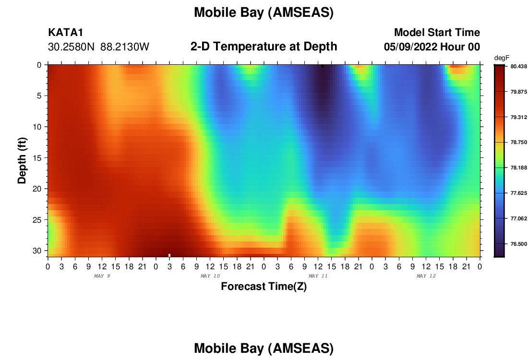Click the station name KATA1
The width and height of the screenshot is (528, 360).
click(x=65, y=32)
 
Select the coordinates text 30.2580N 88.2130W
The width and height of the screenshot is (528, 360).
click(x=98, y=47)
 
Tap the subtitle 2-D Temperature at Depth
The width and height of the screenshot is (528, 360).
click(x=264, y=46)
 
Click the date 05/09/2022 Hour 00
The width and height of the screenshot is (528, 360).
click(x=432, y=47)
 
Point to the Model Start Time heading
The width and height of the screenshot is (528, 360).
click(x=437, y=32)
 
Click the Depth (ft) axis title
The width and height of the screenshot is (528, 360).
click(x=22, y=160)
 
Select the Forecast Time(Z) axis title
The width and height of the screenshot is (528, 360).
click(x=264, y=286)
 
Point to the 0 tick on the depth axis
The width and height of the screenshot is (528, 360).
click(x=39, y=65)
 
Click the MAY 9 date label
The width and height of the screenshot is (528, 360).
click(x=102, y=276)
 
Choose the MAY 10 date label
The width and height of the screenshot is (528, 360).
click(x=210, y=276)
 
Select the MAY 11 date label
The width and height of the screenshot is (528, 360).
click(x=318, y=276)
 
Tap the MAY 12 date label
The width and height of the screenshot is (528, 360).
click(x=426, y=276)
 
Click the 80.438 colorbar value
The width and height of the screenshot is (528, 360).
click(x=518, y=66)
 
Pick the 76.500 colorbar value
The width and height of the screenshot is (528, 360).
click(x=518, y=244)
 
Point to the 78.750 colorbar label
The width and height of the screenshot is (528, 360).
click(x=518, y=142)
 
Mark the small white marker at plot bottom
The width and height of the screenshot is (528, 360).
click(x=169, y=255)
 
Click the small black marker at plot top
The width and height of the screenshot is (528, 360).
click(x=322, y=66)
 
